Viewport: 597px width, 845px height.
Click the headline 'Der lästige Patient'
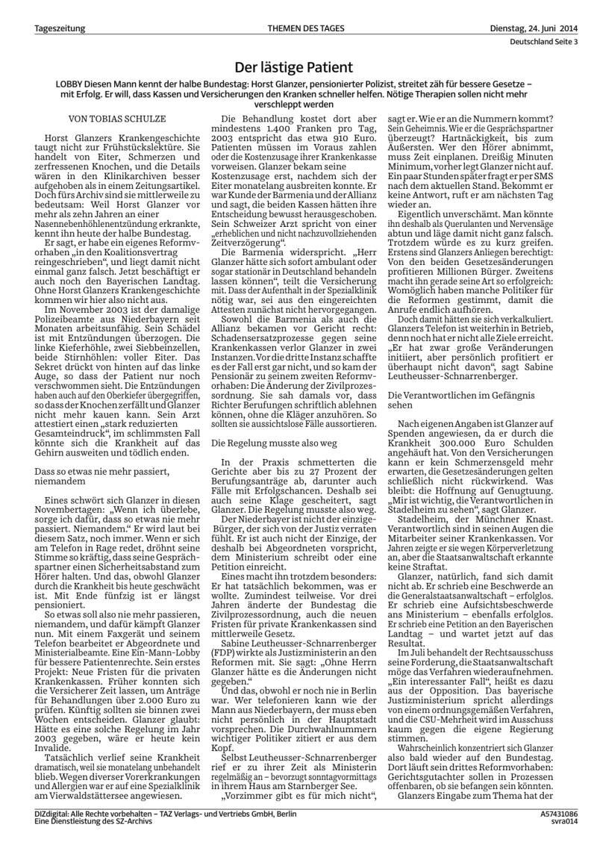[298, 67]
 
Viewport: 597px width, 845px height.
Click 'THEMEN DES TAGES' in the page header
[298, 28]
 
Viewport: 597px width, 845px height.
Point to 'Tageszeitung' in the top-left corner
[60, 28]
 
